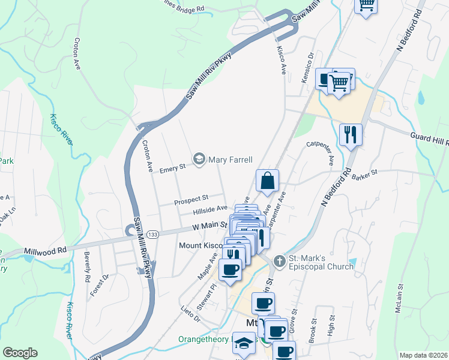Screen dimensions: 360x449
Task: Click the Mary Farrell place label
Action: pyautogui.click(x=230, y=159)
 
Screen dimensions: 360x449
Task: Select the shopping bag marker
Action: pyautogui.click(x=267, y=180)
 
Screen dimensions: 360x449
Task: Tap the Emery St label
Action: pyautogui.click(x=172, y=170)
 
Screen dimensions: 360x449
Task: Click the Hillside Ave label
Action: pyautogui.click(x=210, y=208)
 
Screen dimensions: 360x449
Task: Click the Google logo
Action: pyautogui.click(x=20, y=352)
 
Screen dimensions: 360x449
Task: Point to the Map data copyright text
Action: pyautogui.click(x=423, y=355)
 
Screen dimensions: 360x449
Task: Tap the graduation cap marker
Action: pyautogui.click(x=244, y=344)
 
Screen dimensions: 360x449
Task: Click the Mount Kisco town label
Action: pyautogui.click(x=202, y=245)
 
